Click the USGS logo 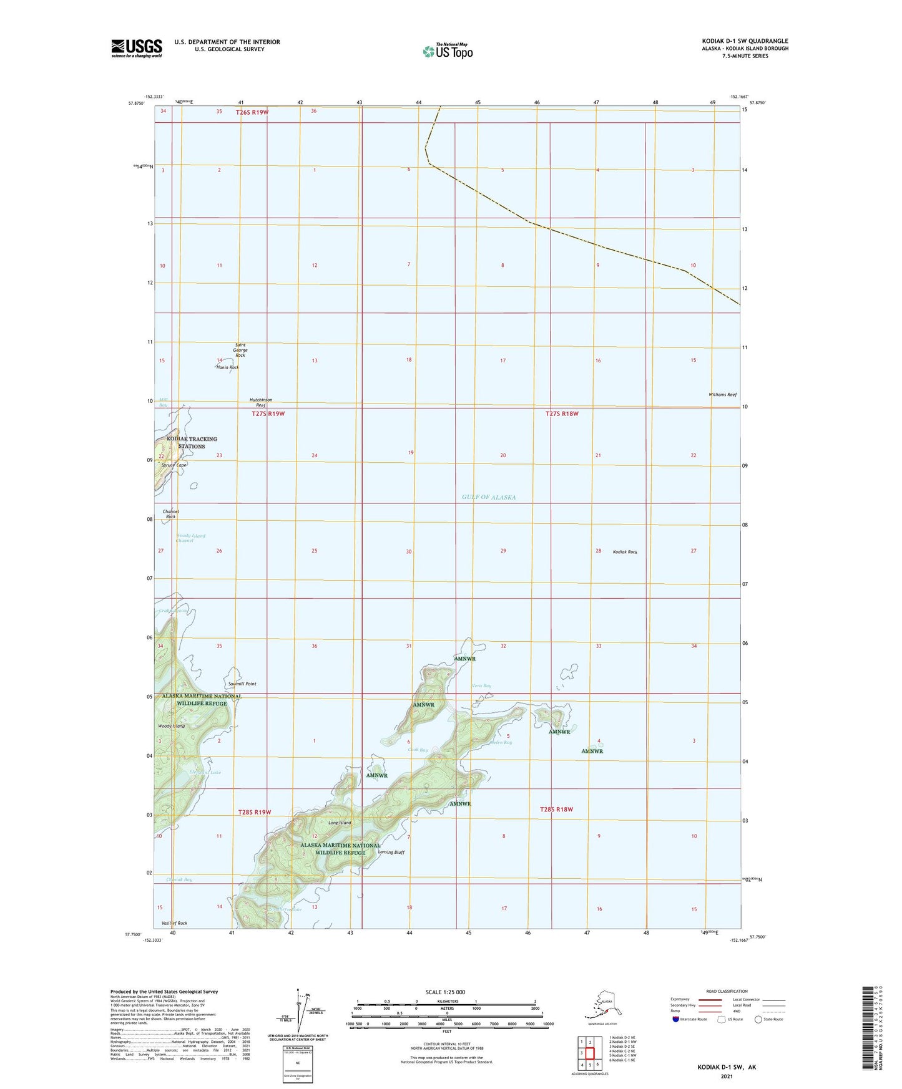[136, 48]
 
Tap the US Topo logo [448, 51]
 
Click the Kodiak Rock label [625, 552]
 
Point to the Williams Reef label [723, 395]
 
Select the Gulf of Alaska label [489, 497]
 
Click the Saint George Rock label [241, 350]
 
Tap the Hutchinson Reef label [261, 402]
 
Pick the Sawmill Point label [242, 684]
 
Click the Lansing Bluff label [391, 852]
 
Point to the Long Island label [340, 823]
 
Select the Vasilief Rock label [174, 923]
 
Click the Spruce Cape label [174, 465]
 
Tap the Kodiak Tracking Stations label [192, 442]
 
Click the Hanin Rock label [228, 367]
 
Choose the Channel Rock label [171, 514]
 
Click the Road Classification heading [727, 991]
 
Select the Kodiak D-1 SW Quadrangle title [745, 41]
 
